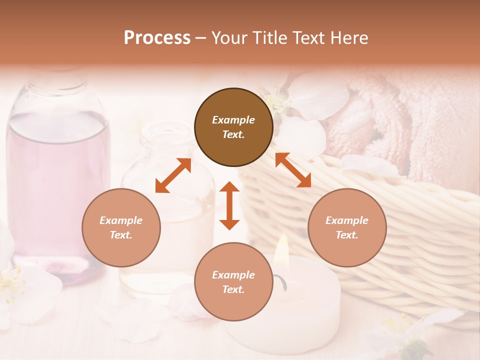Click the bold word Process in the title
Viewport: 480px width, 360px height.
click(157, 38)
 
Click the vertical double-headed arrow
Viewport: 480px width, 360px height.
click(229, 205)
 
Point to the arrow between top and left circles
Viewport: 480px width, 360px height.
click(173, 175)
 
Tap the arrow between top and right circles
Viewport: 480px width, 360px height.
click(293, 170)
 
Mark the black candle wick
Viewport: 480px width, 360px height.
click(284, 283)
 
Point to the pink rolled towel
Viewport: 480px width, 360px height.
click(400, 120)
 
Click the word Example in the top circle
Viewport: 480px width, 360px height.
click(233, 120)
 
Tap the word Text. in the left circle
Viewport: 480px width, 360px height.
click(121, 235)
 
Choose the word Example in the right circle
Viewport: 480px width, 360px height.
click(347, 220)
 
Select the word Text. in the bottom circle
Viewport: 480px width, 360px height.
click(233, 289)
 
